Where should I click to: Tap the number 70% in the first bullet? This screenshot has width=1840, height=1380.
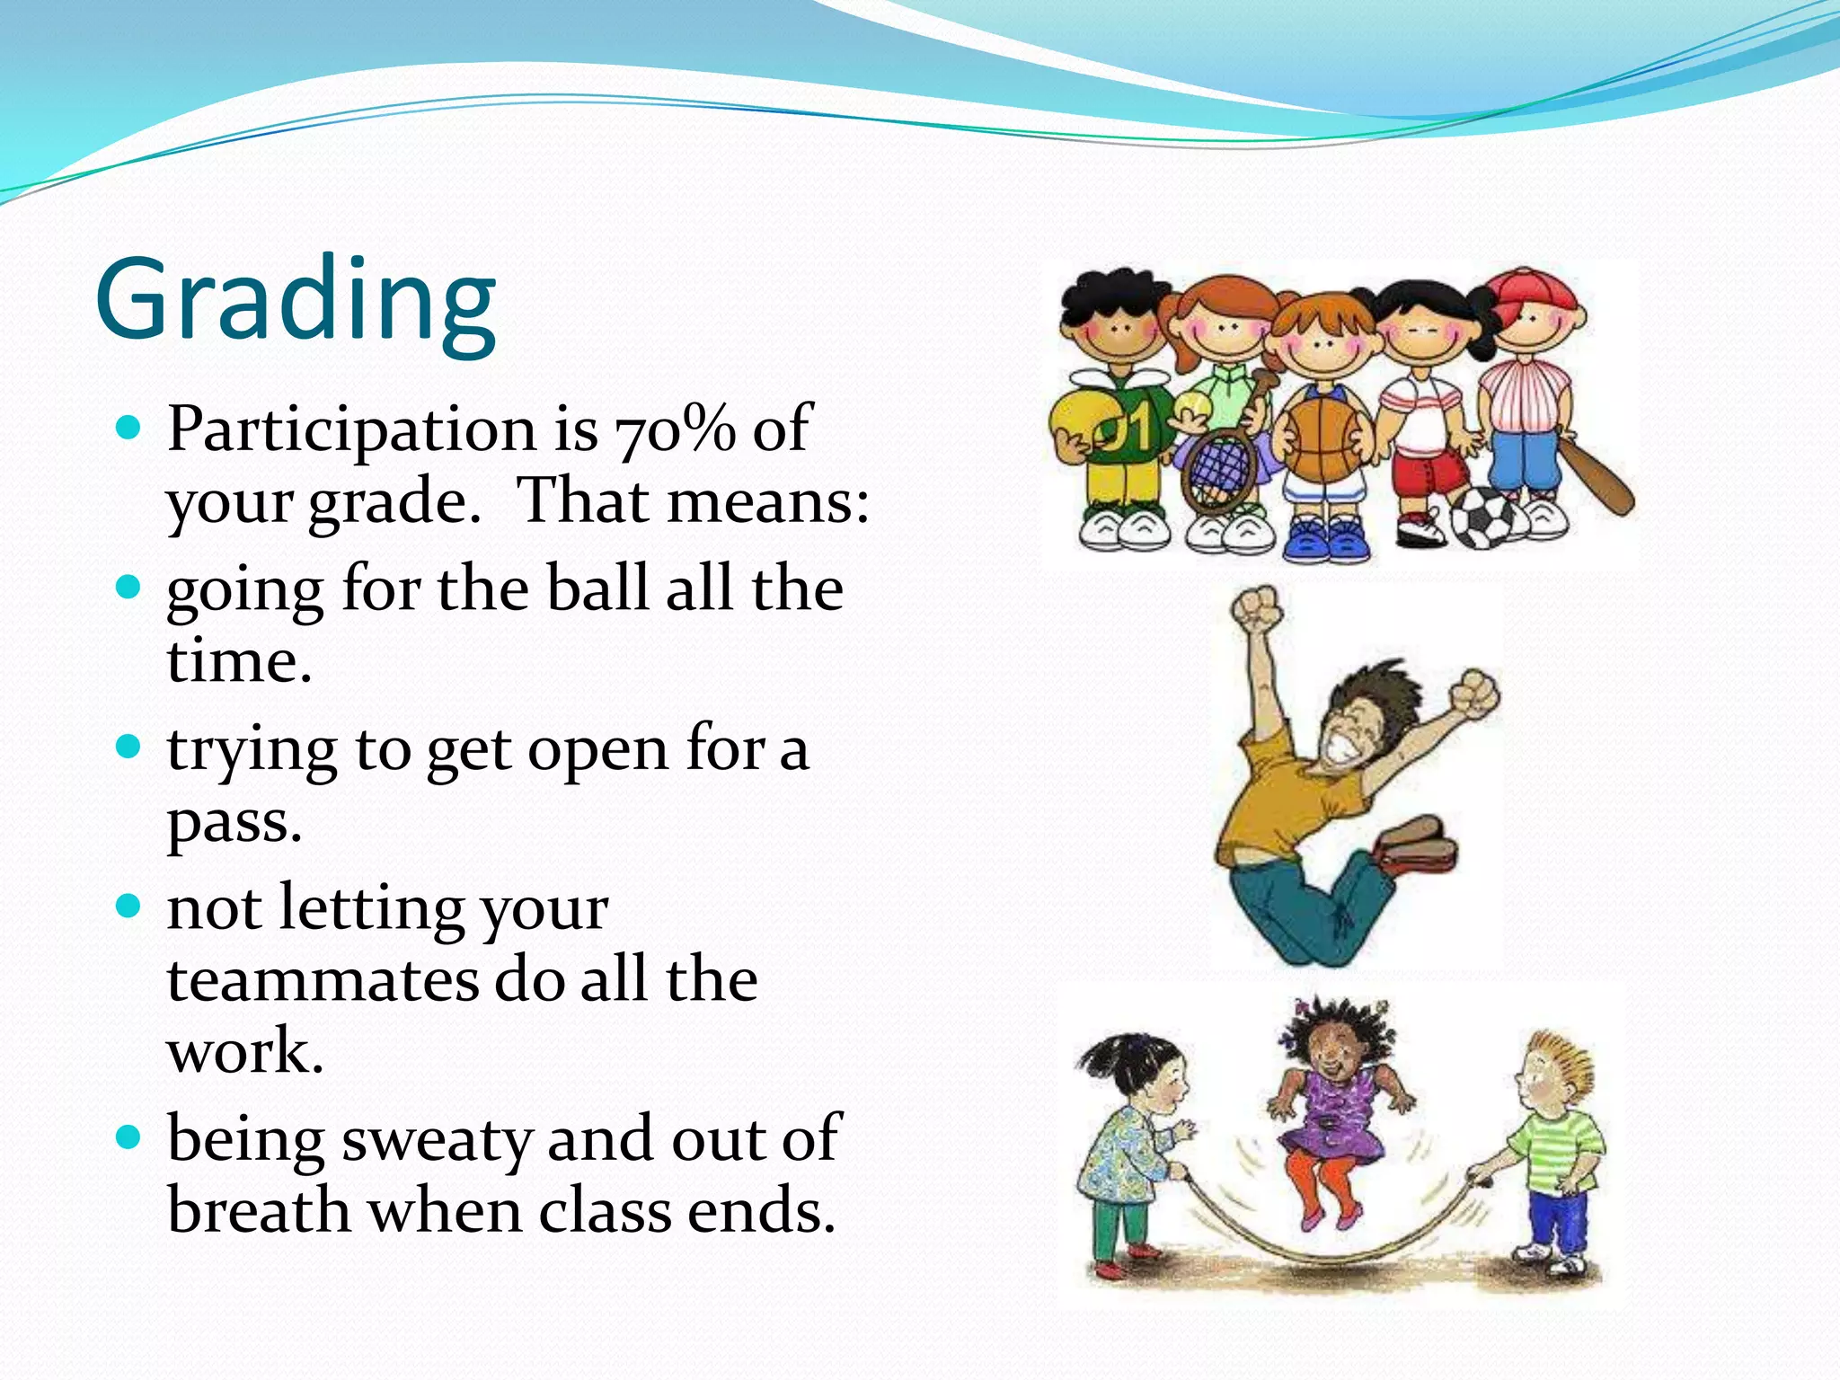674,429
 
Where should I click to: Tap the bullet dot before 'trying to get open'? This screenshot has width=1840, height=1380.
130,747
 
